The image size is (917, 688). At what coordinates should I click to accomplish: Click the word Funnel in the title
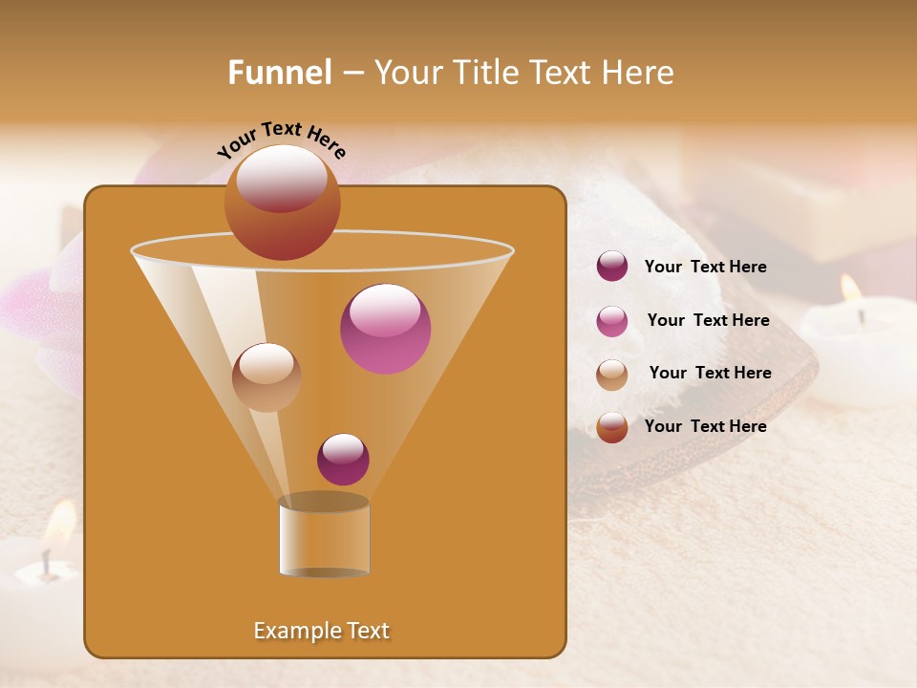tap(280, 73)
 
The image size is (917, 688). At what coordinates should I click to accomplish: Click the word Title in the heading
tap(485, 73)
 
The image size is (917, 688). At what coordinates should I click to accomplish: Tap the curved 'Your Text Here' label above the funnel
tap(282, 140)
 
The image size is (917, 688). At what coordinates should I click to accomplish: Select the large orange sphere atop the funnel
tap(282, 202)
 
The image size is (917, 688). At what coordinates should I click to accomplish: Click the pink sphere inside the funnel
tap(385, 328)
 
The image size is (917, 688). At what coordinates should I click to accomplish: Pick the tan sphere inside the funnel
tap(267, 376)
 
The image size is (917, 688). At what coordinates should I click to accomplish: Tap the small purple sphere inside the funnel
tap(343, 459)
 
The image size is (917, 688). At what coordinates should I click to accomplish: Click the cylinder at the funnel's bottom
tap(324, 536)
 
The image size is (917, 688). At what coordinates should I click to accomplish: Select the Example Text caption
tap(322, 631)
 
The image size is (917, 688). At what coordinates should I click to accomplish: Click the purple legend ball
tap(612, 267)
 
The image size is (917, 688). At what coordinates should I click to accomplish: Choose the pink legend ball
tap(612, 320)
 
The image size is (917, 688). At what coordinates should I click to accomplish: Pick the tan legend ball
tap(612, 374)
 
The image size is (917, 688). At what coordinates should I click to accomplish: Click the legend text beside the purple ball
tap(705, 267)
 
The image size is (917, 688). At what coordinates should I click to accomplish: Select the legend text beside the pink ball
tap(708, 320)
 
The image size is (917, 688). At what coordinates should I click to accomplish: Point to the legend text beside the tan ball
tap(710, 373)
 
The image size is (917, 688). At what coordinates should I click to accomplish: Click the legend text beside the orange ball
tap(705, 426)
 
